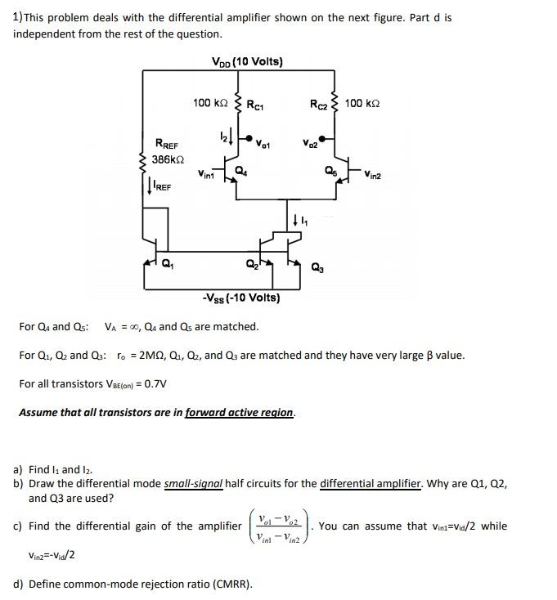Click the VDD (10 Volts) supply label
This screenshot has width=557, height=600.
pyautogui.click(x=246, y=61)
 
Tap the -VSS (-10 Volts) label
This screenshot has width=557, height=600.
pyautogui.click(x=241, y=298)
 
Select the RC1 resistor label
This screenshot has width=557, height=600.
pyautogui.click(x=257, y=104)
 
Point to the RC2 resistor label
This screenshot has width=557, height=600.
pyautogui.click(x=318, y=104)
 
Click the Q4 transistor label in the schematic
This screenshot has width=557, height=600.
pyautogui.click(x=240, y=170)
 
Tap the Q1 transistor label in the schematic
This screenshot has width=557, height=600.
pyautogui.click(x=168, y=263)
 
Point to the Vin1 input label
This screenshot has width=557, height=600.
pyautogui.click(x=207, y=174)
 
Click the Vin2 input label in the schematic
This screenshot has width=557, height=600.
pyautogui.click(x=375, y=174)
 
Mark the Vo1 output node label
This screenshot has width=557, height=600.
pyautogui.click(x=263, y=145)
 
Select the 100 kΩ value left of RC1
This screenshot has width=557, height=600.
pyautogui.click(x=210, y=103)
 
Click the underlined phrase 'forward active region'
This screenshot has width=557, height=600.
pyautogui.click(x=239, y=413)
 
